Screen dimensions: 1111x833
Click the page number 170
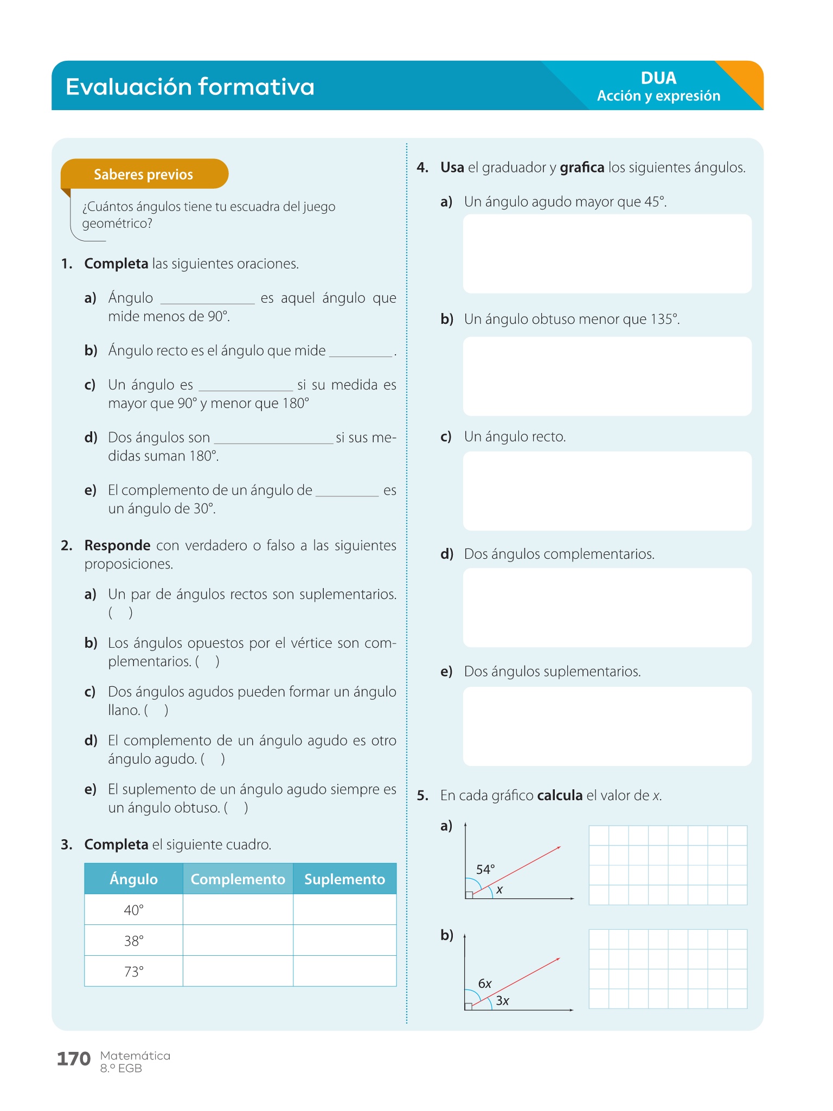[x=74, y=1058]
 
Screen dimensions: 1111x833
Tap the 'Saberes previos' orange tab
[x=144, y=174]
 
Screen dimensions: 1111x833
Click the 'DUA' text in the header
[x=658, y=78]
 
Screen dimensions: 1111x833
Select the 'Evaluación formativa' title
[x=190, y=87]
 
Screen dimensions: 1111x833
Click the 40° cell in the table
[x=133, y=910]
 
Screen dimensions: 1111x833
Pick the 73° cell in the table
[x=133, y=971]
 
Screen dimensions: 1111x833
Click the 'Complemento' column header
[x=238, y=879]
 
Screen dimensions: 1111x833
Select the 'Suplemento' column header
[x=344, y=879]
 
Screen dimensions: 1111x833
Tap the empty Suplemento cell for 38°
[x=344, y=940]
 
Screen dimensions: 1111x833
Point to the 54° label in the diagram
[x=485, y=870]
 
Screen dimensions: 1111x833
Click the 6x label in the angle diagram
[x=485, y=984]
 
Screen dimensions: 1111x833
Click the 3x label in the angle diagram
[x=503, y=1001]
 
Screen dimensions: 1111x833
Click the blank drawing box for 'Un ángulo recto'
[x=607, y=491]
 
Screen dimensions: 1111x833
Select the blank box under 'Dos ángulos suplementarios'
[x=607, y=726]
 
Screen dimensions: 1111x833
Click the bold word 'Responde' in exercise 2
[x=117, y=545]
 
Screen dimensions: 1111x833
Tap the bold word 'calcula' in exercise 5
[x=560, y=795]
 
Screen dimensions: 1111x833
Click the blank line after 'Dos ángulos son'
[x=273, y=439]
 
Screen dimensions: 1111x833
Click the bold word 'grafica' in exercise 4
[x=582, y=168]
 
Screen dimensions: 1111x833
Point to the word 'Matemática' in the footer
[x=135, y=1056]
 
